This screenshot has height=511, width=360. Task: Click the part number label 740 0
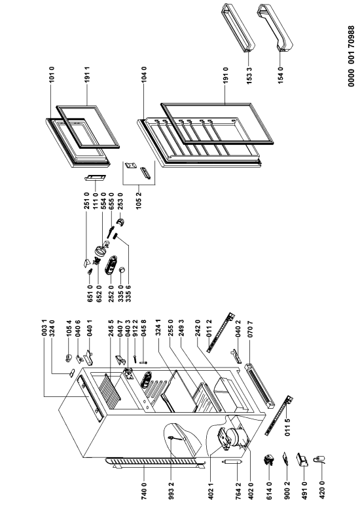144,491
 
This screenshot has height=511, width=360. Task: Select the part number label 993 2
172,491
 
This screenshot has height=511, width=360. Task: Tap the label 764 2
239,491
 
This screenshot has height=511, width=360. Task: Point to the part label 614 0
268,491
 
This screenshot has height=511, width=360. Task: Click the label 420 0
322,491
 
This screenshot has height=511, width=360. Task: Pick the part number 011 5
288,427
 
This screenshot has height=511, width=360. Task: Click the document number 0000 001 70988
351,56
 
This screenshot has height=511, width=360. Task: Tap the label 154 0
281,75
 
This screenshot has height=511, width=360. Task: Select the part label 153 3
249,75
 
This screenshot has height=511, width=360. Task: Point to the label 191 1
87,75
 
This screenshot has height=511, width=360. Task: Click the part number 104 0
144,74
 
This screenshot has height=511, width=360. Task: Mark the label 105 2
139,200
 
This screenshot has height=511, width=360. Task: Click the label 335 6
128,293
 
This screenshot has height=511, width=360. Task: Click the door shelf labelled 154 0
276,28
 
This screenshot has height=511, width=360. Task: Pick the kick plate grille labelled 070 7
260,385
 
